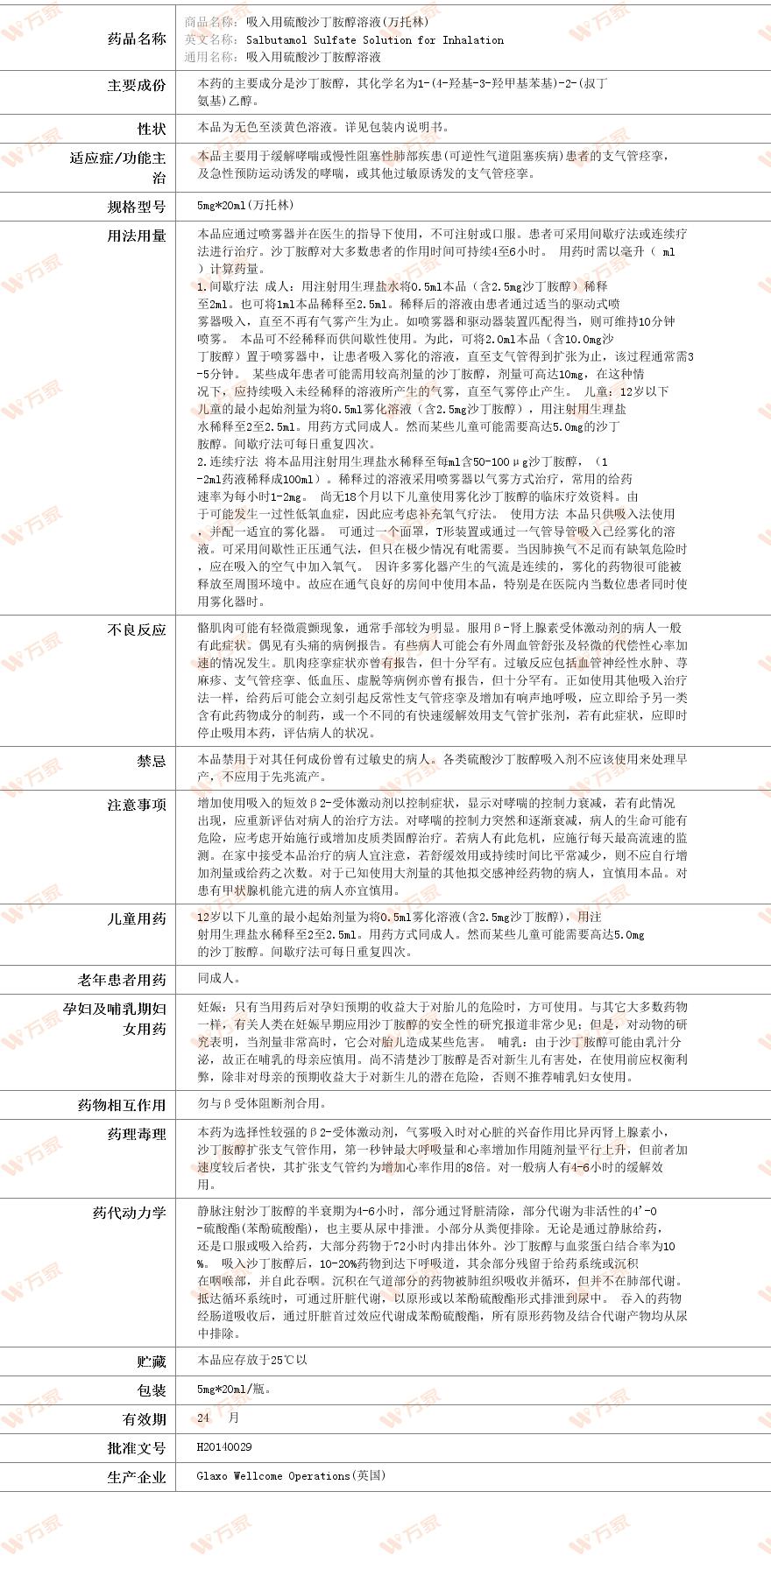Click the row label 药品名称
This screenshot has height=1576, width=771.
[136, 39]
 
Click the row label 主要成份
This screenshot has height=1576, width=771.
[136, 85]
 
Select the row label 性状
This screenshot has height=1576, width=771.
[151, 129]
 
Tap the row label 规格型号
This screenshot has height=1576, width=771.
[136, 207]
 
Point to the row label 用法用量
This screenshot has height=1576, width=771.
[136, 236]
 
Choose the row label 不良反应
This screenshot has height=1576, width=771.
[136, 630]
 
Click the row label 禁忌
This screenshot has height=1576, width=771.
[151, 761]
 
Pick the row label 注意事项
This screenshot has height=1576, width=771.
[136, 805]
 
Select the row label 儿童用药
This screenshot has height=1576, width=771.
[136, 918]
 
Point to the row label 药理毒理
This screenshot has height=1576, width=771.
[136, 1134]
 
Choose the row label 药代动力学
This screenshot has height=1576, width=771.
[129, 1213]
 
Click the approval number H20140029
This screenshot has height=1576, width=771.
[224, 1447]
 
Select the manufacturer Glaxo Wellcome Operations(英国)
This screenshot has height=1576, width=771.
[291, 1475]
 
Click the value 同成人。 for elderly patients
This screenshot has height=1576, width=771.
[219, 979]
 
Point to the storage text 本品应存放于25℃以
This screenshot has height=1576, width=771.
[252, 1360]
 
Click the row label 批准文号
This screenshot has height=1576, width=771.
[136, 1448]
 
